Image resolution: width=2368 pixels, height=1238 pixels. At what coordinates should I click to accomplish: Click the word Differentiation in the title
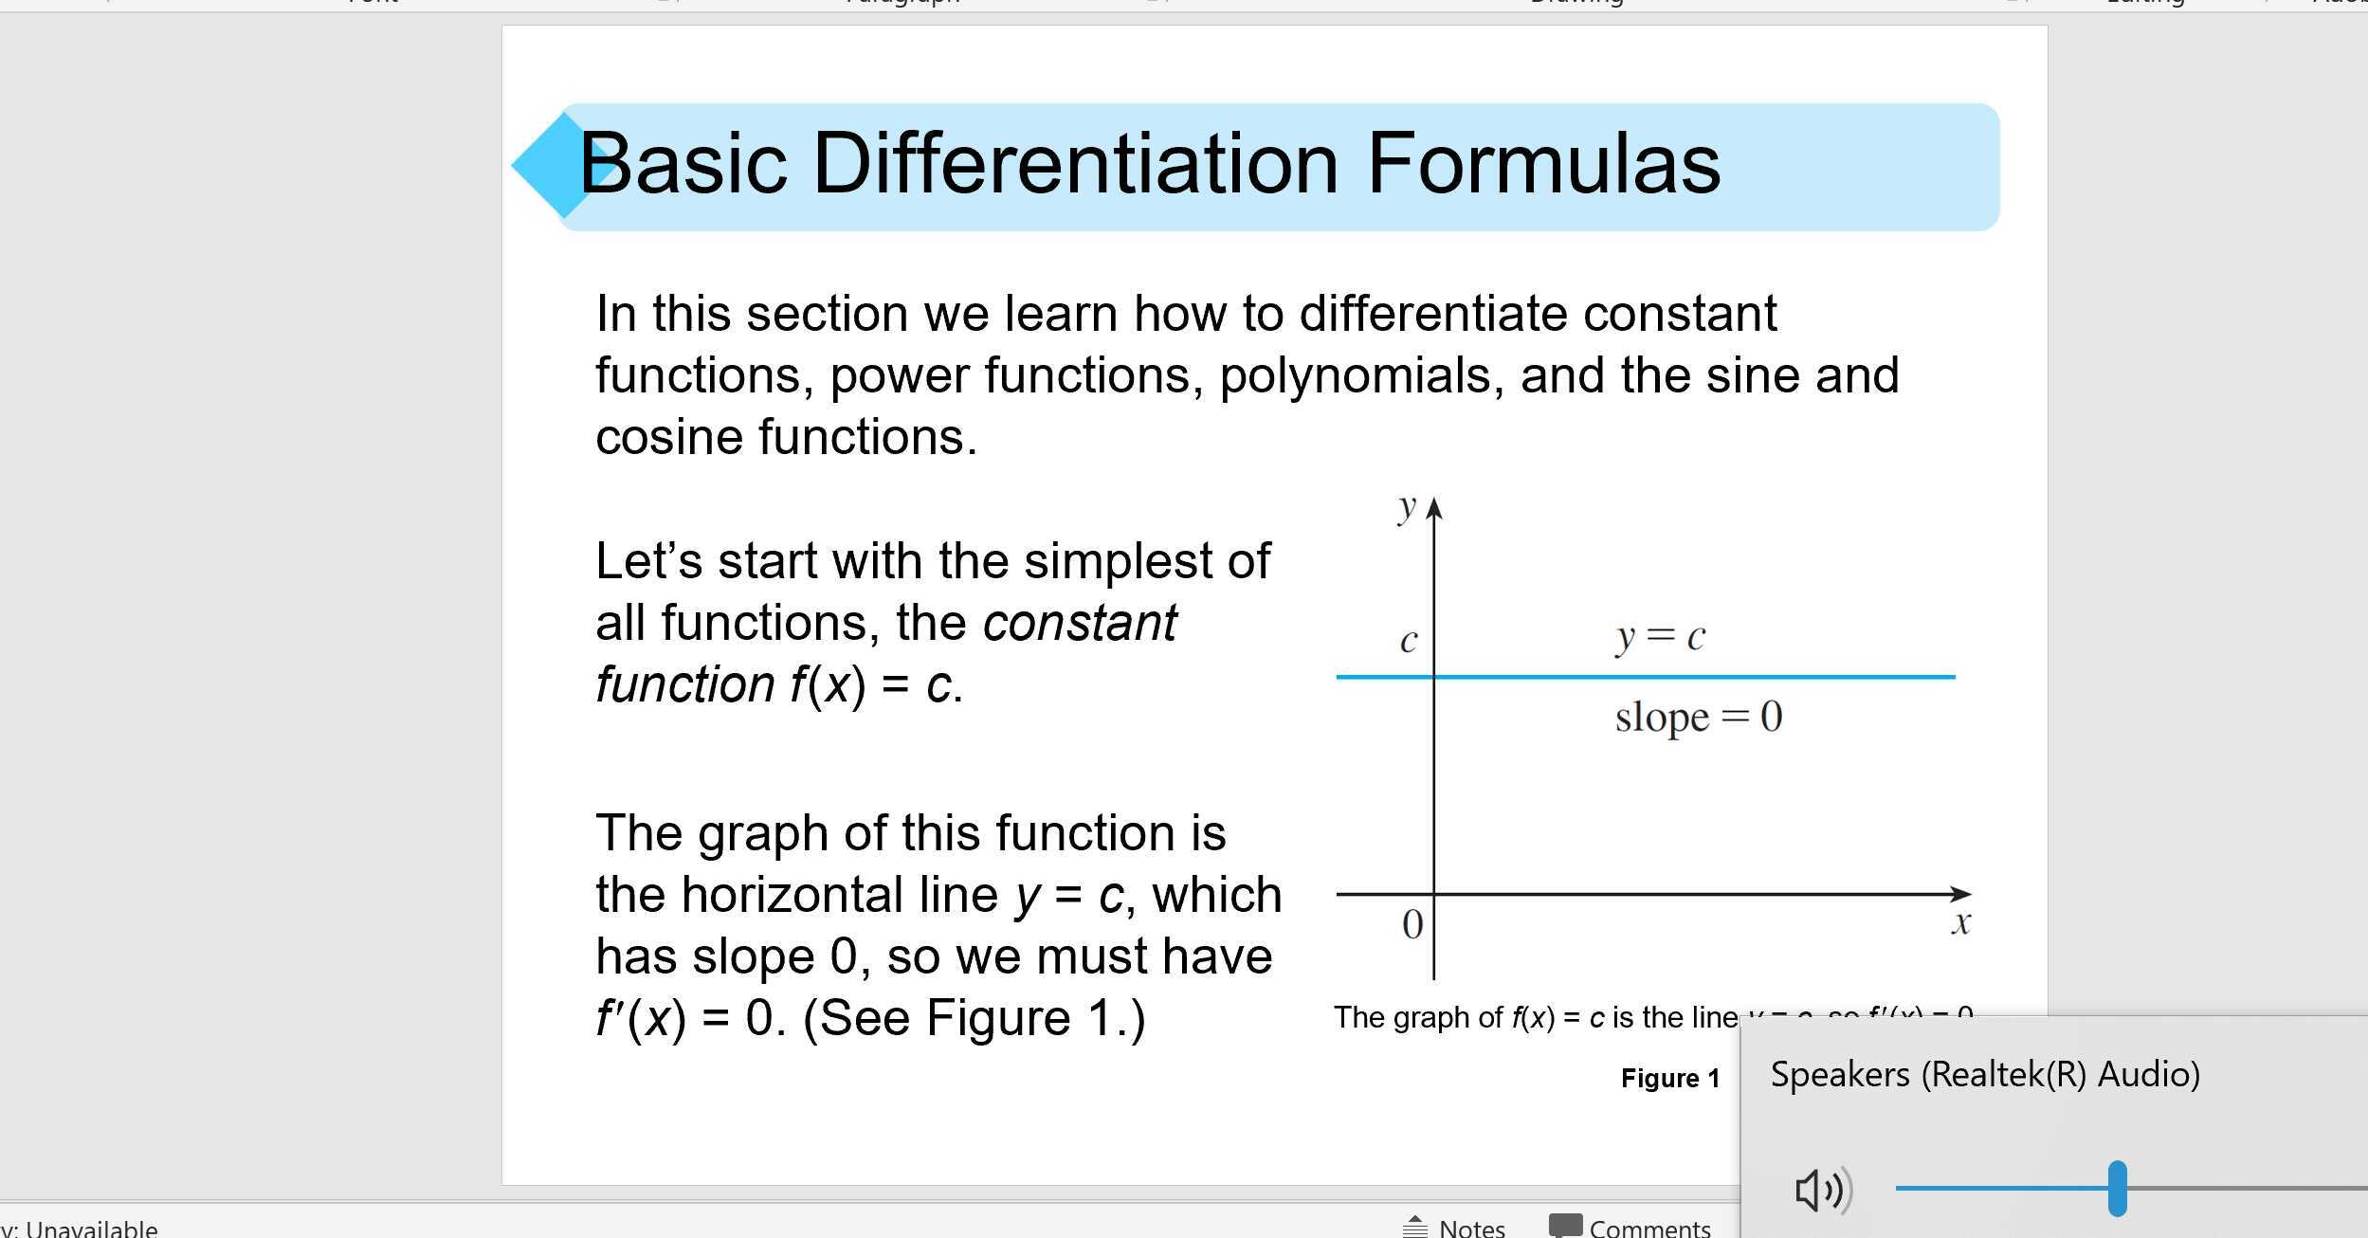pyautogui.click(x=1075, y=164)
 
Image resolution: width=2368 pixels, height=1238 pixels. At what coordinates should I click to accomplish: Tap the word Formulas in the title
pyautogui.click(x=1542, y=164)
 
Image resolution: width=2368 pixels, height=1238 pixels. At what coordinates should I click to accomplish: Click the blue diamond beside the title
pyautogui.click(x=550, y=166)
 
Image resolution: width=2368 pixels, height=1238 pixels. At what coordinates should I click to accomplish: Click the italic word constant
pyautogui.click(x=1080, y=624)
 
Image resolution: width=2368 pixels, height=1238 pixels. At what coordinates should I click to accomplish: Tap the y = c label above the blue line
pyautogui.click(x=1660, y=637)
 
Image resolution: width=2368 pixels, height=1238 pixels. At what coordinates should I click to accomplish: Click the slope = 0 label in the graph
pyautogui.click(x=1698, y=717)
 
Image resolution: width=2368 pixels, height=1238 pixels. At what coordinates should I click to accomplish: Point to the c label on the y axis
pyautogui.click(x=1409, y=642)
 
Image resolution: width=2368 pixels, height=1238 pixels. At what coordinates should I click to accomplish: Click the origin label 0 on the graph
pyautogui.click(x=1412, y=924)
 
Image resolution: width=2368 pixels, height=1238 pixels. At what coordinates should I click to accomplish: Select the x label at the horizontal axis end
pyautogui.click(x=1961, y=922)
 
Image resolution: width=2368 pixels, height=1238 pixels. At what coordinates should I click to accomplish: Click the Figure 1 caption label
pyautogui.click(x=1669, y=1078)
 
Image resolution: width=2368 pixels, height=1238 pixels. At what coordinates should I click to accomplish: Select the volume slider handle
pyautogui.click(x=2117, y=1188)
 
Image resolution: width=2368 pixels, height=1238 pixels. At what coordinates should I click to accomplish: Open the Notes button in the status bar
pyautogui.click(x=1453, y=1228)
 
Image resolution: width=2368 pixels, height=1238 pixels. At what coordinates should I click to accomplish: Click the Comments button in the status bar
pyautogui.click(x=1630, y=1228)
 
